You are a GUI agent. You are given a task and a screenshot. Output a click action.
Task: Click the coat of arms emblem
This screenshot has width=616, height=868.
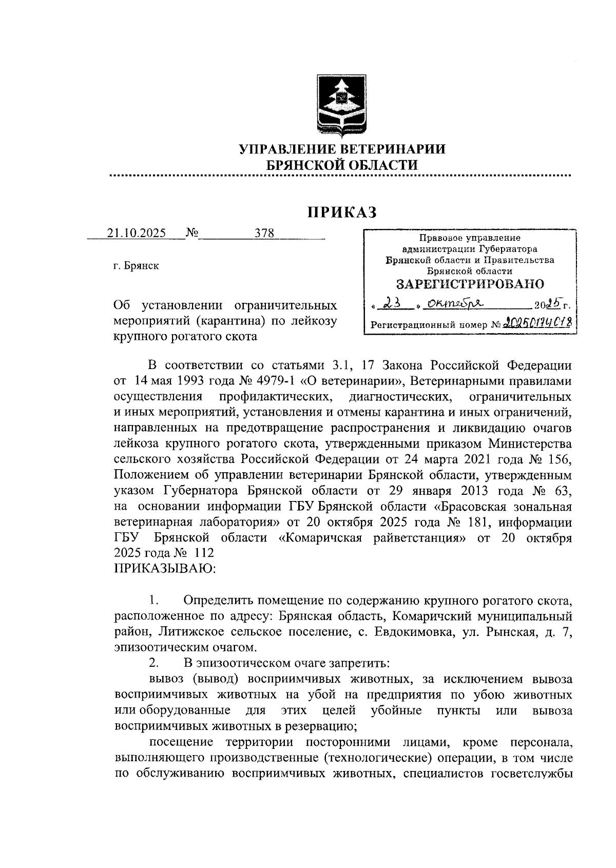341,106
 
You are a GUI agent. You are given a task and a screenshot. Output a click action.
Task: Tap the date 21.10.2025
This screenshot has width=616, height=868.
137,233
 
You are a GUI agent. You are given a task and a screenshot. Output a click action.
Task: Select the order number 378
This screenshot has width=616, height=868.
265,233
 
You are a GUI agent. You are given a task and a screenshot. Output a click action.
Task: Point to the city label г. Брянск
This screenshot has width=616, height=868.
136,266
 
